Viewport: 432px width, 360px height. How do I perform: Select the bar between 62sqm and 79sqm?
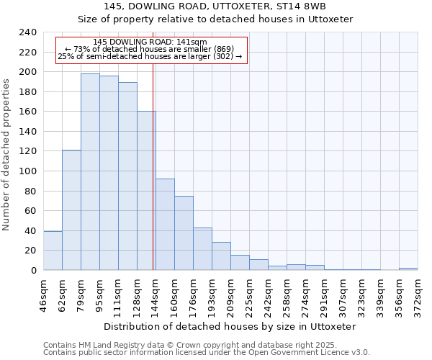click(x=71, y=210)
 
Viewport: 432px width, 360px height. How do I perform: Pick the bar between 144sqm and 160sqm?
click(x=165, y=224)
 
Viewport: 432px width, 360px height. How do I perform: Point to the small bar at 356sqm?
click(x=408, y=269)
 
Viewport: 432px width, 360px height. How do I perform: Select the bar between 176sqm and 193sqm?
click(x=202, y=249)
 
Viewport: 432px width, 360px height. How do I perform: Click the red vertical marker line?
click(x=153, y=180)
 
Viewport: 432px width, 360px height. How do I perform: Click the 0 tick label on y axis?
click(x=33, y=270)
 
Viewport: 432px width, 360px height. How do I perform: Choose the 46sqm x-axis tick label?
click(x=43, y=293)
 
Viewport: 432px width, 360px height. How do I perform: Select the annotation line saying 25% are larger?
click(x=150, y=56)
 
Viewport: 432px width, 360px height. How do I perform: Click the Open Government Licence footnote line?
click(x=206, y=353)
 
